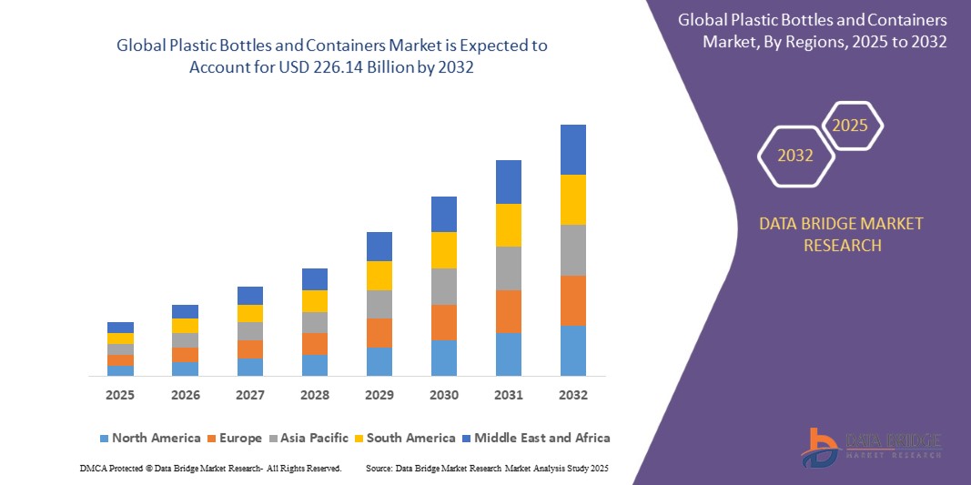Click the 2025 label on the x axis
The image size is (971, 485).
(x=120, y=395)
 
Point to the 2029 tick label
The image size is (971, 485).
(x=379, y=395)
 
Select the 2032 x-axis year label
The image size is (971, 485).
(x=572, y=395)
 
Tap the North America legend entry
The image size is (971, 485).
(x=149, y=438)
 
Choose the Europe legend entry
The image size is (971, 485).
(x=234, y=438)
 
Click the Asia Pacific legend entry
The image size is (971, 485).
(x=308, y=438)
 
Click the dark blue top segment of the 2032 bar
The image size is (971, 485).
(x=572, y=149)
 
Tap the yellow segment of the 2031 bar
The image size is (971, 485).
(x=508, y=225)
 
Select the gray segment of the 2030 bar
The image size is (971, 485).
(x=443, y=286)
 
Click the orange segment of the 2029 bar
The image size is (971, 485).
(x=379, y=333)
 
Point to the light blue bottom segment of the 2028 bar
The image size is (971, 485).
(x=314, y=365)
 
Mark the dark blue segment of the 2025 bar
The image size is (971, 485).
(x=120, y=328)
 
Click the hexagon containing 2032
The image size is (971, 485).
(x=795, y=156)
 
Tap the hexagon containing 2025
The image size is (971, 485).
(x=851, y=126)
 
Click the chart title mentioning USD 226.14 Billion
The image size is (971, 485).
(x=332, y=56)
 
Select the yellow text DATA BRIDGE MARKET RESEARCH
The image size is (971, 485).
(x=840, y=234)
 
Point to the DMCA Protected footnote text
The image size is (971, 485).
(x=210, y=468)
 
